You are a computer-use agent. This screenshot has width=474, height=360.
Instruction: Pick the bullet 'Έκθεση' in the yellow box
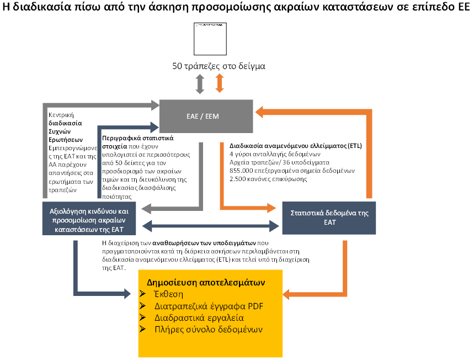(x=169, y=294)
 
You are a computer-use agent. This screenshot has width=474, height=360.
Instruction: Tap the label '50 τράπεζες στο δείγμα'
(x=219, y=66)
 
